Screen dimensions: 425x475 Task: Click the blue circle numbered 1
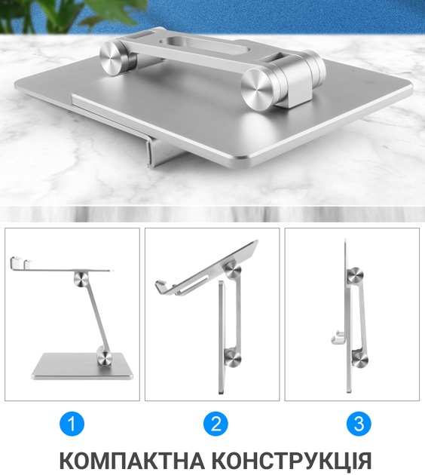coord(72,424)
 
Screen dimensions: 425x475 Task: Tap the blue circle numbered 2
coord(216,424)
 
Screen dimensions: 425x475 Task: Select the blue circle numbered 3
coord(359,424)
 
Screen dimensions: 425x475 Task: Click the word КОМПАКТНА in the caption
coord(132,460)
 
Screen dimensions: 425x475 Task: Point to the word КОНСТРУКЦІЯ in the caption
coord(291,460)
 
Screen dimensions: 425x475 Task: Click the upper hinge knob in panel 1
coord(81,279)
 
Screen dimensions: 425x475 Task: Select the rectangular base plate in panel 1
coord(82,366)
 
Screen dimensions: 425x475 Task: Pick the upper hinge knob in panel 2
coord(234,271)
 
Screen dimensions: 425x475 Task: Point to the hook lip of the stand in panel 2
coord(164,288)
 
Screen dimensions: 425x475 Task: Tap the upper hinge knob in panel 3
coord(356,276)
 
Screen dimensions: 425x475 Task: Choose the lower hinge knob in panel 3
coord(360,358)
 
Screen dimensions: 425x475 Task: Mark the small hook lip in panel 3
coord(338,338)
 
